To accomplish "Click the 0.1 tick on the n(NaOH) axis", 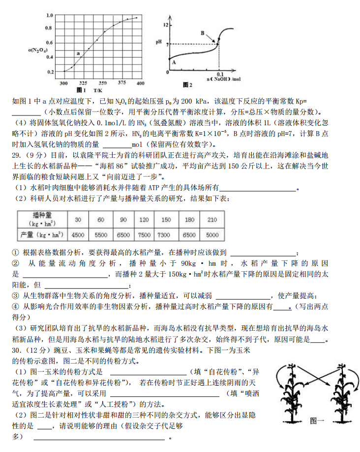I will click(220, 74).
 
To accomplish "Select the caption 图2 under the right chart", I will click(187, 85).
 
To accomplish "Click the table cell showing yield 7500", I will click(144, 235).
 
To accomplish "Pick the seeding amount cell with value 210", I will click(212, 219).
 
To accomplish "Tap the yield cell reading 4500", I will click(78, 235).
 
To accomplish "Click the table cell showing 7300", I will click(166, 235).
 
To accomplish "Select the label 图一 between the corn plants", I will click(318, 421).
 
